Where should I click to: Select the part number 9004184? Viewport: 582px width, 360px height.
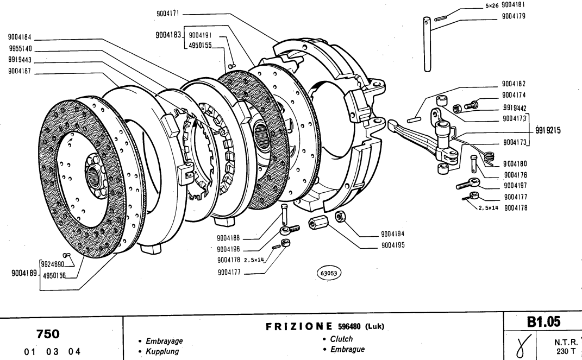[20, 38]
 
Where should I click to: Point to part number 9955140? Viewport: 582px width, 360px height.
[20, 48]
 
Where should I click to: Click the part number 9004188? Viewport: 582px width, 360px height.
[231, 237]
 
